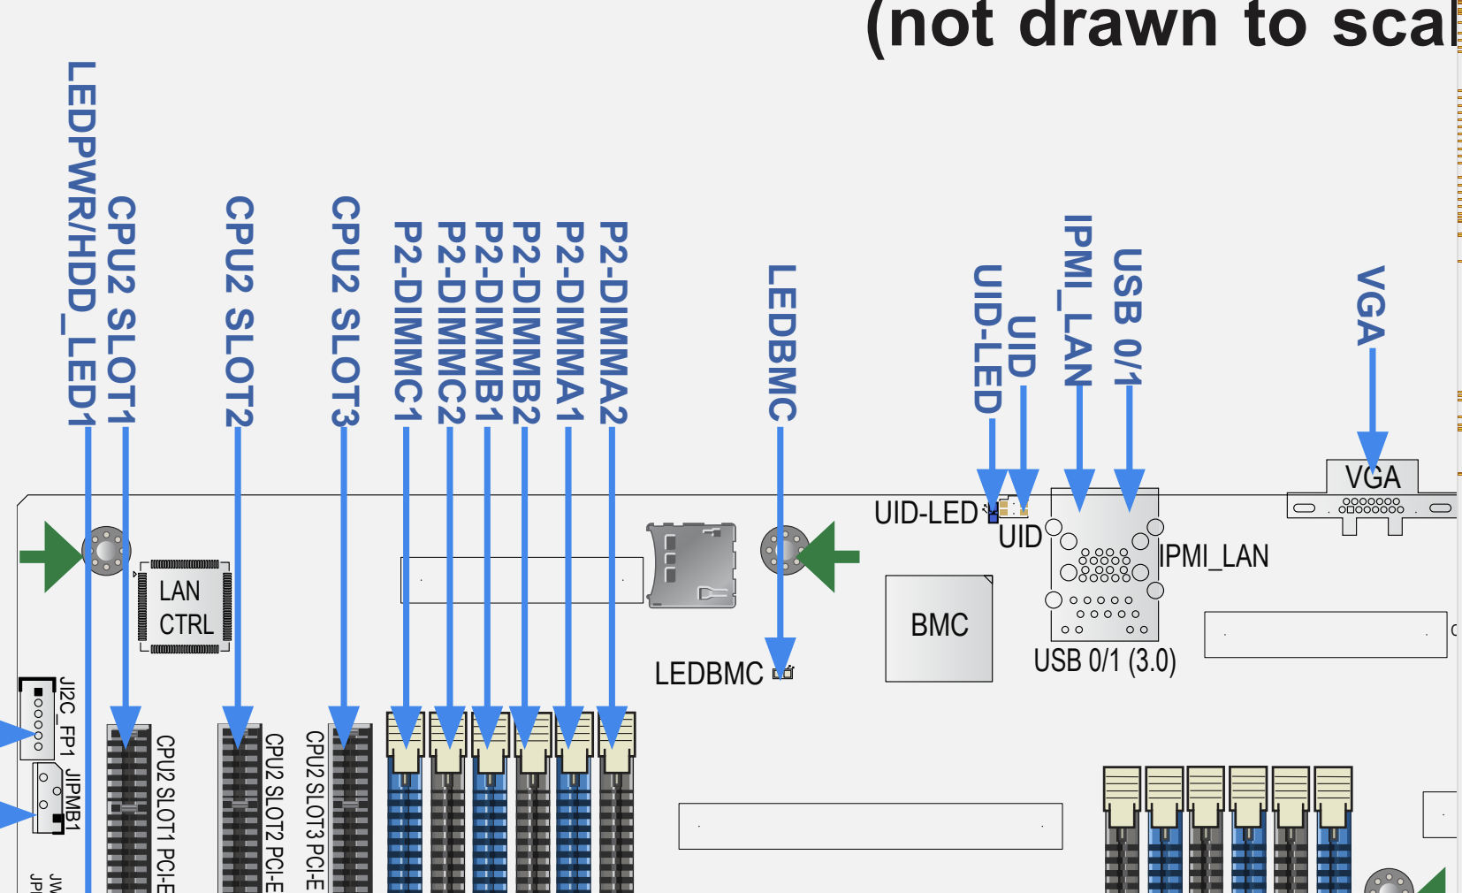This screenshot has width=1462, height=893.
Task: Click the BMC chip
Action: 939,627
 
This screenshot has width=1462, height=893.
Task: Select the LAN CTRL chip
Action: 186,607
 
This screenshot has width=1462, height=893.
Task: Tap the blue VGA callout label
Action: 1370,306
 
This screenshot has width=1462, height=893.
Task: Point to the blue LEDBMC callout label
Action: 782,343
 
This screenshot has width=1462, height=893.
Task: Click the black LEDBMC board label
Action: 708,674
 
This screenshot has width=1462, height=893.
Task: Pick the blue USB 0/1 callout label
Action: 1128,317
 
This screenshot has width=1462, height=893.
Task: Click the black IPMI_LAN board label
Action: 1214,556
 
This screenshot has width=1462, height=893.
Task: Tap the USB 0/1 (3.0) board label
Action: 1104,661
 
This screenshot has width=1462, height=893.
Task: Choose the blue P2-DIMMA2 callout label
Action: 613,323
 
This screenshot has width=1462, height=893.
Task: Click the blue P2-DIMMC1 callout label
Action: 407,323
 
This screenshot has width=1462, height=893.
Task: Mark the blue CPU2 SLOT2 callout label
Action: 240,311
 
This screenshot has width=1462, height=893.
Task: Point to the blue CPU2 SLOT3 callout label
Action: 346,311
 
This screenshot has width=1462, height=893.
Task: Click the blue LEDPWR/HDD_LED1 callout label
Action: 81,244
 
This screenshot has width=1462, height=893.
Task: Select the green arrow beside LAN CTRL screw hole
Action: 50,556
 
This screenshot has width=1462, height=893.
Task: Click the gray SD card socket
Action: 692,565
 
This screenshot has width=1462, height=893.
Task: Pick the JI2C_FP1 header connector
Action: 38,719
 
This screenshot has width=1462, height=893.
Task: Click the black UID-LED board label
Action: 925,513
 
